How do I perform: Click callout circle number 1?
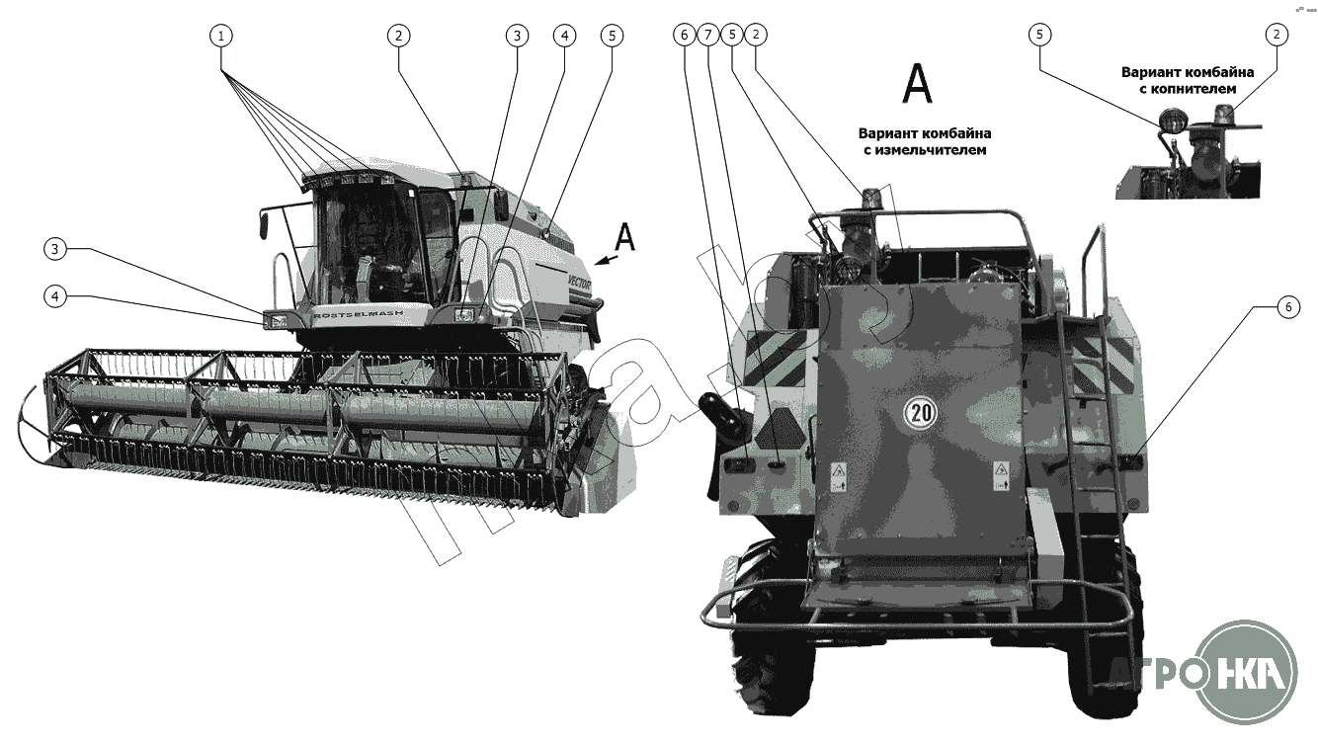pyautogui.click(x=222, y=35)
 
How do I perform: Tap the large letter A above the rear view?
pyautogui.click(x=917, y=85)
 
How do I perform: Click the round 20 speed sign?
pyautogui.click(x=920, y=411)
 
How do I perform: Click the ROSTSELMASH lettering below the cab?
pyautogui.click(x=352, y=312)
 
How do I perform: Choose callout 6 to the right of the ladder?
pyautogui.click(x=1286, y=307)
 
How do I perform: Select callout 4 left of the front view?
pyautogui.click(x=57, y=295)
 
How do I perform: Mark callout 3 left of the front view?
pyautogui.click(x=57, y=250)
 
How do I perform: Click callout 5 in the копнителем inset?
pyautogui.click(x=1037, y=35)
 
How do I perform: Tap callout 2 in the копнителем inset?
pyautogui.click(x=1276, y=35)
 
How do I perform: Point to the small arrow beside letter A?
pyautogui.click(x=608, y=260)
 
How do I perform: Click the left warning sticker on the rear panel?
pyautogui.click(x=838, y=474)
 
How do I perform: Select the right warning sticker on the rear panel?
pyautogui.click(x=1000, y=474)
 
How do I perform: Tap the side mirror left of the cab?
pyautogui.click(x=265, y=223)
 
